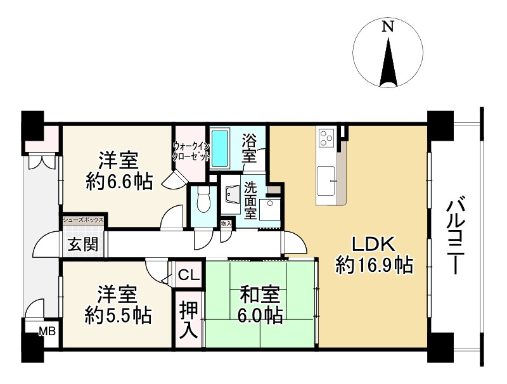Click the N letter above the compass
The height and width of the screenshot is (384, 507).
(x=388, y=26)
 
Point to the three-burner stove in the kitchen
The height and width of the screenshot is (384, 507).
(x=326, y=138)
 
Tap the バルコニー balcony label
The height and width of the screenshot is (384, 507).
(x=456, y=238)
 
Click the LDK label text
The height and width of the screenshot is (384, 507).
(x=373, y=245)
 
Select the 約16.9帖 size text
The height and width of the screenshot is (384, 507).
(x=374, y=265)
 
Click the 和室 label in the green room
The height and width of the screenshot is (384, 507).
(x=260, y=295)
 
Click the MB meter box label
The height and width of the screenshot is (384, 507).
(x=48, y=331)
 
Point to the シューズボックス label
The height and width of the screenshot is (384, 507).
(x=84, y=220)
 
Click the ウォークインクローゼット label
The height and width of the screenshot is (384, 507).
(x=191, y=151)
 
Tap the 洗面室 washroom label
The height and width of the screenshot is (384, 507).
(x=250, y=201)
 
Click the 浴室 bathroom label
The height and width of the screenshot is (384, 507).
(x=249, y=149)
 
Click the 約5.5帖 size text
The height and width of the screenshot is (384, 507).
(x=119, y=316)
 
